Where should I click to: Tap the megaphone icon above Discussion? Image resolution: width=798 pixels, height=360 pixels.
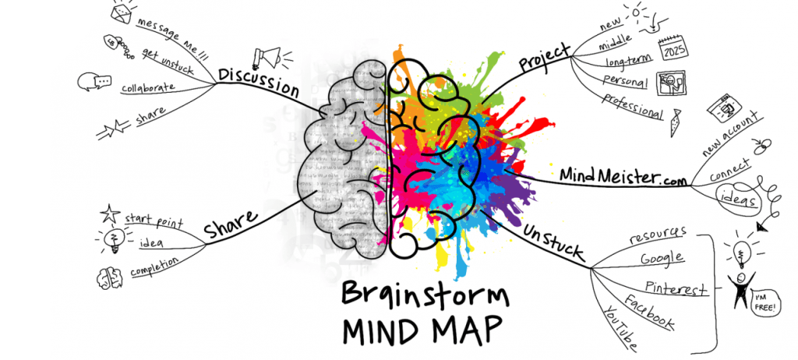pos(267,56)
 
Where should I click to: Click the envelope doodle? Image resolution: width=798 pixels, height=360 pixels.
pos(120,13)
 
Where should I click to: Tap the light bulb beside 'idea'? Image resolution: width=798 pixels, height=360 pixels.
pos(111,238)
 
